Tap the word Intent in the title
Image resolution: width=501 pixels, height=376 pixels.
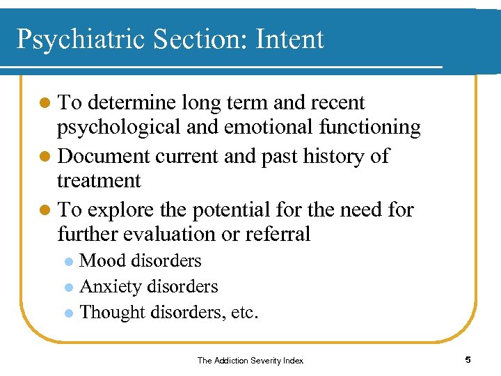coord(289,39)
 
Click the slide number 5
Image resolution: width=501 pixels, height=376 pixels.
coord(468,360)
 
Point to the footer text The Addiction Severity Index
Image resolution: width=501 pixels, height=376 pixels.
coord(250,360)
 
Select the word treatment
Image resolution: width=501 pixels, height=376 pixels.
coord(98,181)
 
